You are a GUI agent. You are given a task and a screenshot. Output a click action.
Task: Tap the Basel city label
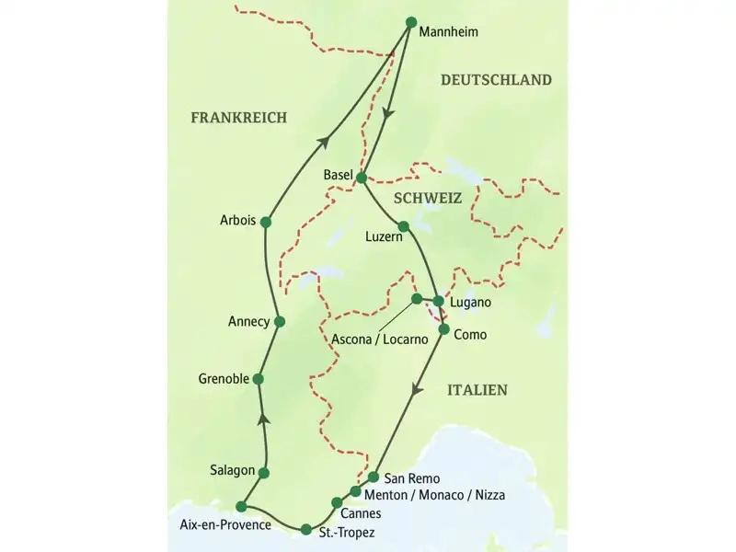click(x=338, y=175)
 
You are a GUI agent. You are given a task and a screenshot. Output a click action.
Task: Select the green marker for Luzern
click(x=403, y=225)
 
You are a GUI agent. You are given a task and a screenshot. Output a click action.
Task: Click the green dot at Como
click(x=443, y=328)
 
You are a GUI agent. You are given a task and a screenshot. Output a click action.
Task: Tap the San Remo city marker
click(x=374, y=477)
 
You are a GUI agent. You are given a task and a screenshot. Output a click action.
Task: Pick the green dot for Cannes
click(x=337, y=502)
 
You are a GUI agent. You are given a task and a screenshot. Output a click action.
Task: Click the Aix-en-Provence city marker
click(x=241, y=505)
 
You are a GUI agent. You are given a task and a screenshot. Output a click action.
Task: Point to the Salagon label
click(x=231, y=470)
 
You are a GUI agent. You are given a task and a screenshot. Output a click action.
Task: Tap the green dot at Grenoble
click(x=259, y=378)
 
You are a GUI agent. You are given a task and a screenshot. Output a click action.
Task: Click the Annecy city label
click(x=248, y=321)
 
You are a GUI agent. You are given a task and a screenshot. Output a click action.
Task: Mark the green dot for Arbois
click(x=266, y=221)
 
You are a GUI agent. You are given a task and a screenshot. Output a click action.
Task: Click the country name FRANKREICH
click(x=239, y=117)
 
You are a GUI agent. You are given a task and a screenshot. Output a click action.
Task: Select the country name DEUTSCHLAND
click(x=496, y=80)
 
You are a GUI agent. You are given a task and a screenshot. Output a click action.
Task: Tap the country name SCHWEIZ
click(x=427, y=198)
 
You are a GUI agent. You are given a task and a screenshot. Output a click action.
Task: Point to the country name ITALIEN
click(x=477, y=390)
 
